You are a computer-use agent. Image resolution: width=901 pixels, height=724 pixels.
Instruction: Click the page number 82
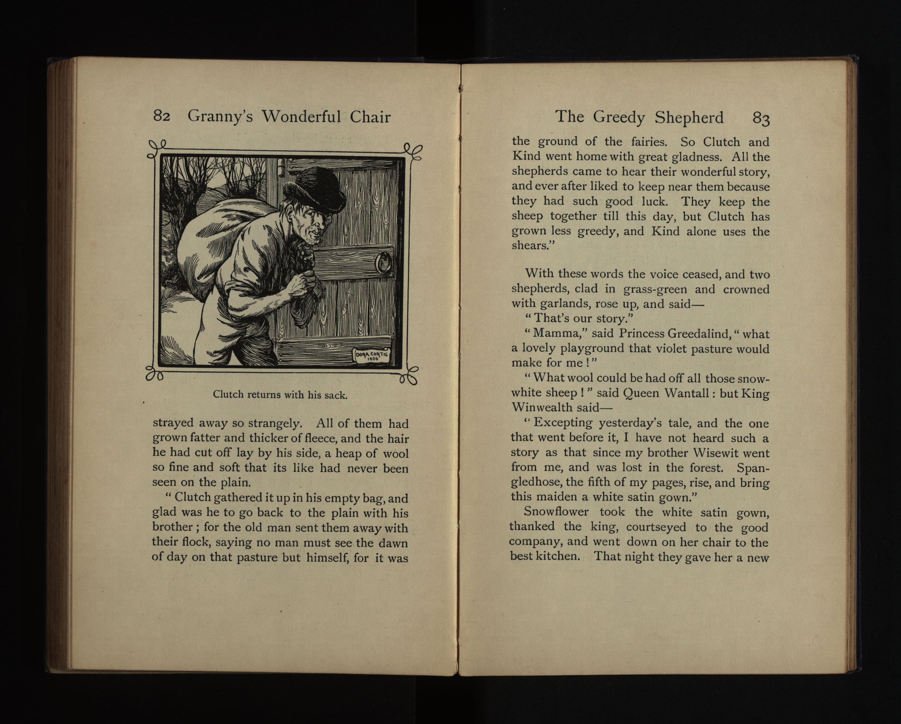161,116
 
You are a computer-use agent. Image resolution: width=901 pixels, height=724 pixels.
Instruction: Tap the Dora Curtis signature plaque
372,356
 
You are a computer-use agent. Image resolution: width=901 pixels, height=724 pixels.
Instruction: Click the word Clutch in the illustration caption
228,394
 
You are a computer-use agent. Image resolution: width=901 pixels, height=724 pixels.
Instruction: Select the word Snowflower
556,511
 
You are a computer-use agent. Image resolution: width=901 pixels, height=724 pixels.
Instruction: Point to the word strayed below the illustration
172,423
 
